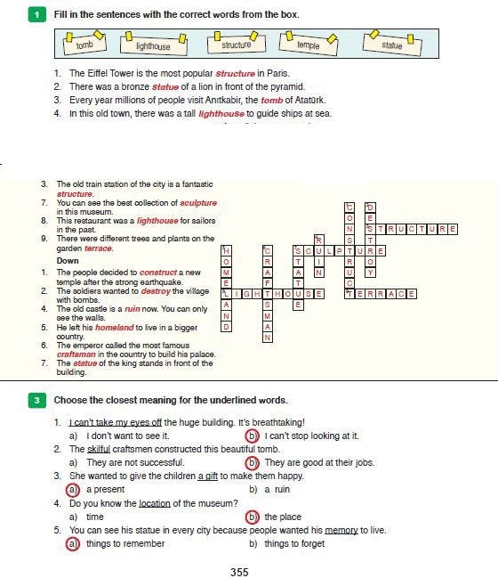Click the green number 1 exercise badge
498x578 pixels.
[37, 15]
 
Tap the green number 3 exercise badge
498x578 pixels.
[37, 400]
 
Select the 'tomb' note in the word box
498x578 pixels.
[84, 44]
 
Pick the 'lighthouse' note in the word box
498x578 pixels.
[154, 45]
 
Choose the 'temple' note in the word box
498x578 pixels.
[309, 44]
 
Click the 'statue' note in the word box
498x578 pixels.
[392, 44]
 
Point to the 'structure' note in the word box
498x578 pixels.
[237, 44]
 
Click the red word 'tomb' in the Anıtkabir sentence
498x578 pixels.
[271, 101]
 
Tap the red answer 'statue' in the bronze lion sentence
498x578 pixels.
[165, 87]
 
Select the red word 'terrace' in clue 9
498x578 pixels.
[98, 248]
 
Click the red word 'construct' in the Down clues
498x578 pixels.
[158, 273]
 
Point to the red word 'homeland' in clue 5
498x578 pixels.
[115, 328]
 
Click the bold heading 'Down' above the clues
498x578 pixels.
[68, 261]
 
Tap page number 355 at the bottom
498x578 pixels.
[239, 572]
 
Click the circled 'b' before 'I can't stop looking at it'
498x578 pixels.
[252, 436]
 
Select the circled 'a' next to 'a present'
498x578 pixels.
[73, 490]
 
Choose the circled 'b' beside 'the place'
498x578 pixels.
[252, 517]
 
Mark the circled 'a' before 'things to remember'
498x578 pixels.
[73, 544]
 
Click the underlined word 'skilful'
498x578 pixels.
[99, 450]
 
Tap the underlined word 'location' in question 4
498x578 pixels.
[155, 503]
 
